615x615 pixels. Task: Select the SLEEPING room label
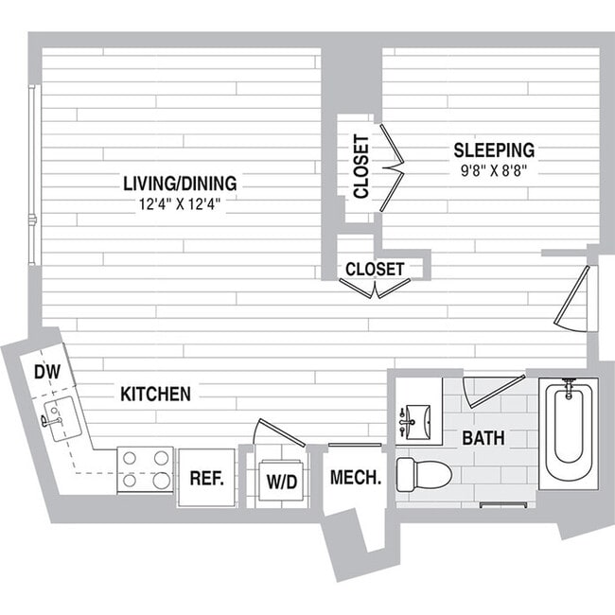493,149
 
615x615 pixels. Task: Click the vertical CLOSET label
360,167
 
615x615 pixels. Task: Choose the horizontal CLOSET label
375,270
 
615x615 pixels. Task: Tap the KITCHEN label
155,394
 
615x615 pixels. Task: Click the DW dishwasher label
46,373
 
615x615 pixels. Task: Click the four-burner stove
145,469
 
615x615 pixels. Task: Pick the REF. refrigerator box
205,478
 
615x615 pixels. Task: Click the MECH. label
355,478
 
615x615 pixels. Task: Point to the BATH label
483,439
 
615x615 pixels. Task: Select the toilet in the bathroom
422,474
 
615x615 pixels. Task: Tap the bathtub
568,433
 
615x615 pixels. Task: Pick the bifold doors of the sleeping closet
392,167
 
